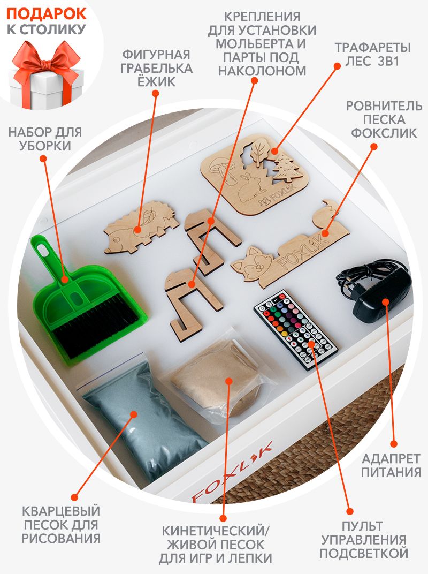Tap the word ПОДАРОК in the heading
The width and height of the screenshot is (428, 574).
click(x=46, y=14)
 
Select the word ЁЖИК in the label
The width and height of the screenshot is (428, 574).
click(x=156, y=81)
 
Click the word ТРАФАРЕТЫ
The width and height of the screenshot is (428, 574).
click(x=373, y=48)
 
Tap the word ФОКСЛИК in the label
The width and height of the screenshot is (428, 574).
click(x=384, y=133)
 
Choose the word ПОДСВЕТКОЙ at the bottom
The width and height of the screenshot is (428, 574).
click(x=364, y=553)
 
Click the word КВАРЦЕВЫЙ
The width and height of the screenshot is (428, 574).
click(x=61, y=511)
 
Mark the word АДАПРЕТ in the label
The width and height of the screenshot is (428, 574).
click(x=391, y=458)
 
